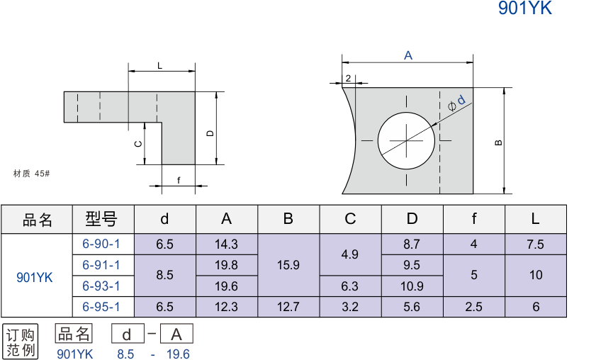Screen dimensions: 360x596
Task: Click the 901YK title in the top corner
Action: pyautogui.click(x=524, y=9)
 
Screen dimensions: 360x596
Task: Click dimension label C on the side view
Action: pyautogui.click(x=139, y=143)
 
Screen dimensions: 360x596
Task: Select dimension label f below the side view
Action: pyautogui.click(x=179, y=181)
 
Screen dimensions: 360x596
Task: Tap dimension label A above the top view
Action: pyautogui.click(x=408, y=55)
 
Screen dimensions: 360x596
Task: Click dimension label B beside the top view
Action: pyautogui.click(x=499, y=142)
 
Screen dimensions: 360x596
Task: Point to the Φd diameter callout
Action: pyautogui.click(x=457, y=103)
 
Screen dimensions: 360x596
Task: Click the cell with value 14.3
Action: pyautogui.click(x=226, y=244)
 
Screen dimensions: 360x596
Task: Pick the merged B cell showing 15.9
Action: pyautogui.click(x=288, y=265)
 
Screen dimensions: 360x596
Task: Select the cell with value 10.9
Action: pyautogui.click(x=412, y=286)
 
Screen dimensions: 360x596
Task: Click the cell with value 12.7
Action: pyautogui.click(x=288, y=307)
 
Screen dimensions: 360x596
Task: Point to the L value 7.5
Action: pyautogui.click(x=535, y=244)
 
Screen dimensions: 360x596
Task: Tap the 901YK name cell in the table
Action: pyautogui.click(x=35, y=276)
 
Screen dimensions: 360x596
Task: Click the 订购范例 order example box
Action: pyautogui.click(x=21, y=342)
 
